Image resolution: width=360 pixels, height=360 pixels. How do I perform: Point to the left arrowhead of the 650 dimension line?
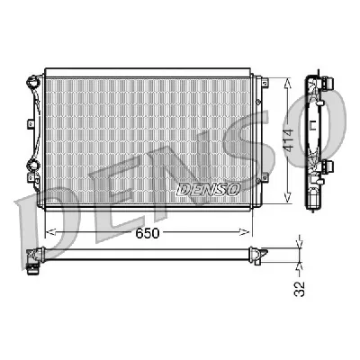[x=48, y=232]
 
